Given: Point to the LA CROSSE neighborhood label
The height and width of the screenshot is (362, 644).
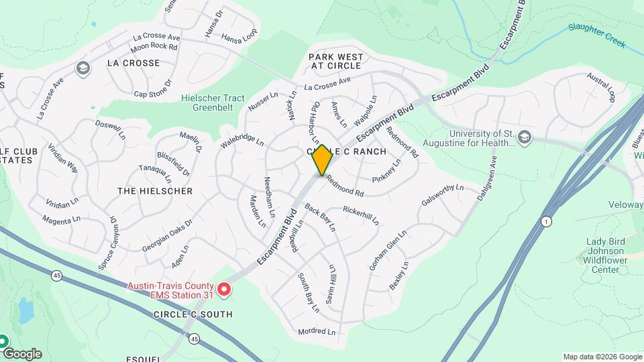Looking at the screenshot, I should click(x=133, y=63).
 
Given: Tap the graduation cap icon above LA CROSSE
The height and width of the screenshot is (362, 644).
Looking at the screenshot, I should click(x=83, y=68).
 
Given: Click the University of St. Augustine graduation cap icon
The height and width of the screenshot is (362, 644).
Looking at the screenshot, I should click(x=525, y=137).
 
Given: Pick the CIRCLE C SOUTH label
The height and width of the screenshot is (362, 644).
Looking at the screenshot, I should click(x=193, y=314).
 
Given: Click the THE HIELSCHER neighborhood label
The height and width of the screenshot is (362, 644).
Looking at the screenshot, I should click(x=155, y=191).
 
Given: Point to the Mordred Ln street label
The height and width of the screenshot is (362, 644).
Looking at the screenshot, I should click(x=316, y=331).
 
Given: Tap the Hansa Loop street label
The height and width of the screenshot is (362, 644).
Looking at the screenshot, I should click(x=239, y=38).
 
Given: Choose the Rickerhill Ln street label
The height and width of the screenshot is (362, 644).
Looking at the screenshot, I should click(x=361, y=215).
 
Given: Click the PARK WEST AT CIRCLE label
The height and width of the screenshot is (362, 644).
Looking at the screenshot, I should click(x=335, y=61).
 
